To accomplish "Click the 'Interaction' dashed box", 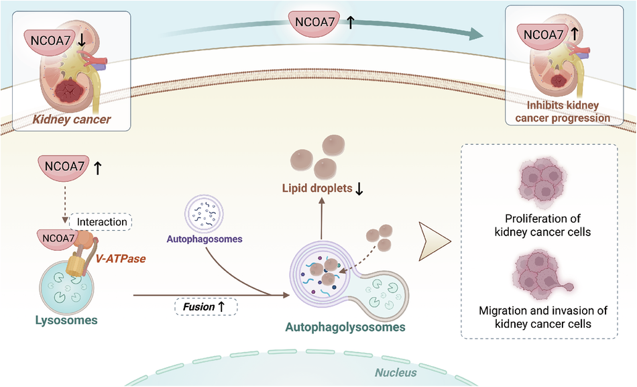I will (x=102, y=222).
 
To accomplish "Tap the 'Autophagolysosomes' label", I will (x=345, y=328).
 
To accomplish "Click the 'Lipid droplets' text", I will (x=316, y=189).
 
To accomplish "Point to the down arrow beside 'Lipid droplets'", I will (x=359, y=189).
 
